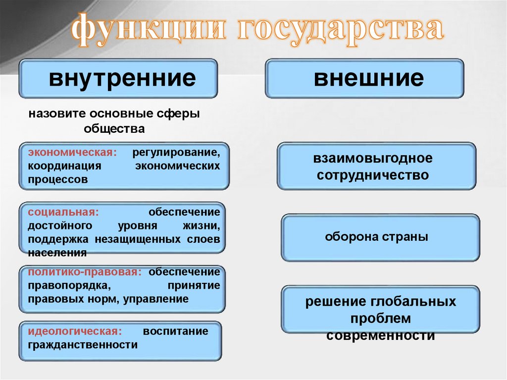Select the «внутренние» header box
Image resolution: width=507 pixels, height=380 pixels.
click(118, 78)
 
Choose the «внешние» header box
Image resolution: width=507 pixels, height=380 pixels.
click(364, 78)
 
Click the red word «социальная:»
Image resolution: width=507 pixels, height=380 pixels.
click(63, 212)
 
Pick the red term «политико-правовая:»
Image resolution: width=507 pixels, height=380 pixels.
click(85, 272)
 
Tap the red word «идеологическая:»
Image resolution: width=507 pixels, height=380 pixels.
click(75, 331)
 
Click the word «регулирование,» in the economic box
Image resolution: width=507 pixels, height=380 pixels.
click(175, 151)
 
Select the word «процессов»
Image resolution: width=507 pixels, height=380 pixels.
click(58, 179)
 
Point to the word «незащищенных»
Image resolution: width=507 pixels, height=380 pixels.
click(140, 239)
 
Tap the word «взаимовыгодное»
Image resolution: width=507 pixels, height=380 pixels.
click(372, 159)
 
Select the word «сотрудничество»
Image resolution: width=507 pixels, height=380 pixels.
click(372, 175)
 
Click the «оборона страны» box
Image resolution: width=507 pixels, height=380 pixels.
click(380, 237)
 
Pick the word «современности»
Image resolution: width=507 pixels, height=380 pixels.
click(380, 335)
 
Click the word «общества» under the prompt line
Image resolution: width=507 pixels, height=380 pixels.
click(114, 129)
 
